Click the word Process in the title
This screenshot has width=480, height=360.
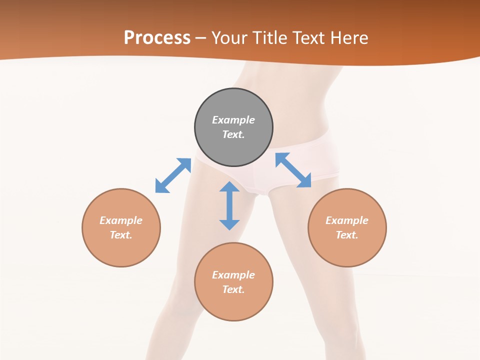[x=157, y=38]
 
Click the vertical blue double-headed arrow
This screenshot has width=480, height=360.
[x=229, y=205]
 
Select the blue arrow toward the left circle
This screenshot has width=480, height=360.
[x=173, y=175]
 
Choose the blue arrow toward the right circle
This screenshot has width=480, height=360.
[x=293, y=170]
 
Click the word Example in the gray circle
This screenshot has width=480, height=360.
[x=233, y=120]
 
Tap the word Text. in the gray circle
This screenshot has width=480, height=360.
[x=233, y=134]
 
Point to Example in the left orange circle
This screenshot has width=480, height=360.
[x=121, y=220]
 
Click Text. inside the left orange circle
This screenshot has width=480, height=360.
[x=121, y=235]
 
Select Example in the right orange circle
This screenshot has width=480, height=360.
[x=347, y=220]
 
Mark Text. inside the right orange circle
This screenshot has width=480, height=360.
[x=347, y=235]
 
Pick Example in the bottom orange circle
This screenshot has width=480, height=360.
[x=233, y=275]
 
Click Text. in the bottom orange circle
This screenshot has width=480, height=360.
[x=233, y=289]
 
